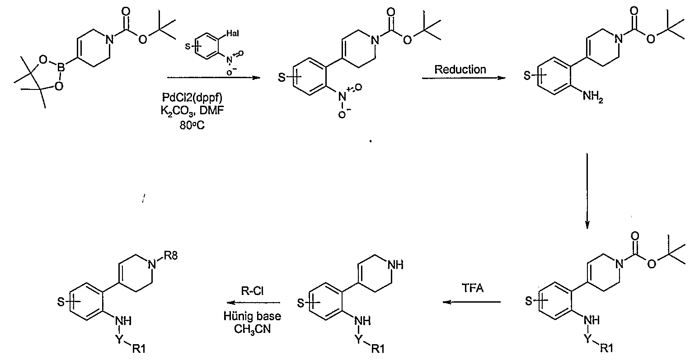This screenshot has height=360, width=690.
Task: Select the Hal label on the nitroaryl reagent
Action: click(233, 33)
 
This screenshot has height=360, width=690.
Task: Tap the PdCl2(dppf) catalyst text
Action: click(192, 98)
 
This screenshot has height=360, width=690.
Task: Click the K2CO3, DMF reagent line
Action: click(192, 111)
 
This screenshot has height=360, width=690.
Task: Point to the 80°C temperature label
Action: click(192, 125)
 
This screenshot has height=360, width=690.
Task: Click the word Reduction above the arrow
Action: click(460, 69)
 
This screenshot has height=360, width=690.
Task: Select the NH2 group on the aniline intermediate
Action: click(593, 97)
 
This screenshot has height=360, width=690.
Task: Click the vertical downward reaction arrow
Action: click(587, 191)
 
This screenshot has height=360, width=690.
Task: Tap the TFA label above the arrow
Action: click(473, 288)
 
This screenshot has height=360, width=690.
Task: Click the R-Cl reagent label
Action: click(252, 290)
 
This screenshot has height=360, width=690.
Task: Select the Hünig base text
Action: click(252, 316)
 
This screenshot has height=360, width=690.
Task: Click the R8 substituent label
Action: click(171, 256)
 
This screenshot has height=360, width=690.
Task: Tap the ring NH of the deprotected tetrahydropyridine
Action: click(395, 265)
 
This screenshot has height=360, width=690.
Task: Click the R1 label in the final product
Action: click(139, 349)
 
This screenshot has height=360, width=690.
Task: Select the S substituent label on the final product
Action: click(61, 302)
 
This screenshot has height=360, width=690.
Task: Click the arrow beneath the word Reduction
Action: click(464, 78)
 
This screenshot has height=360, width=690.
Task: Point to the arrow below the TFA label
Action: click(472, 302)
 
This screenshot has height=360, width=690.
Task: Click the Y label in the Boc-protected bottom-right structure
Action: click(588, 339)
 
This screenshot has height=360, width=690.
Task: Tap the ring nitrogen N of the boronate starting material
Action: click(109, 39)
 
